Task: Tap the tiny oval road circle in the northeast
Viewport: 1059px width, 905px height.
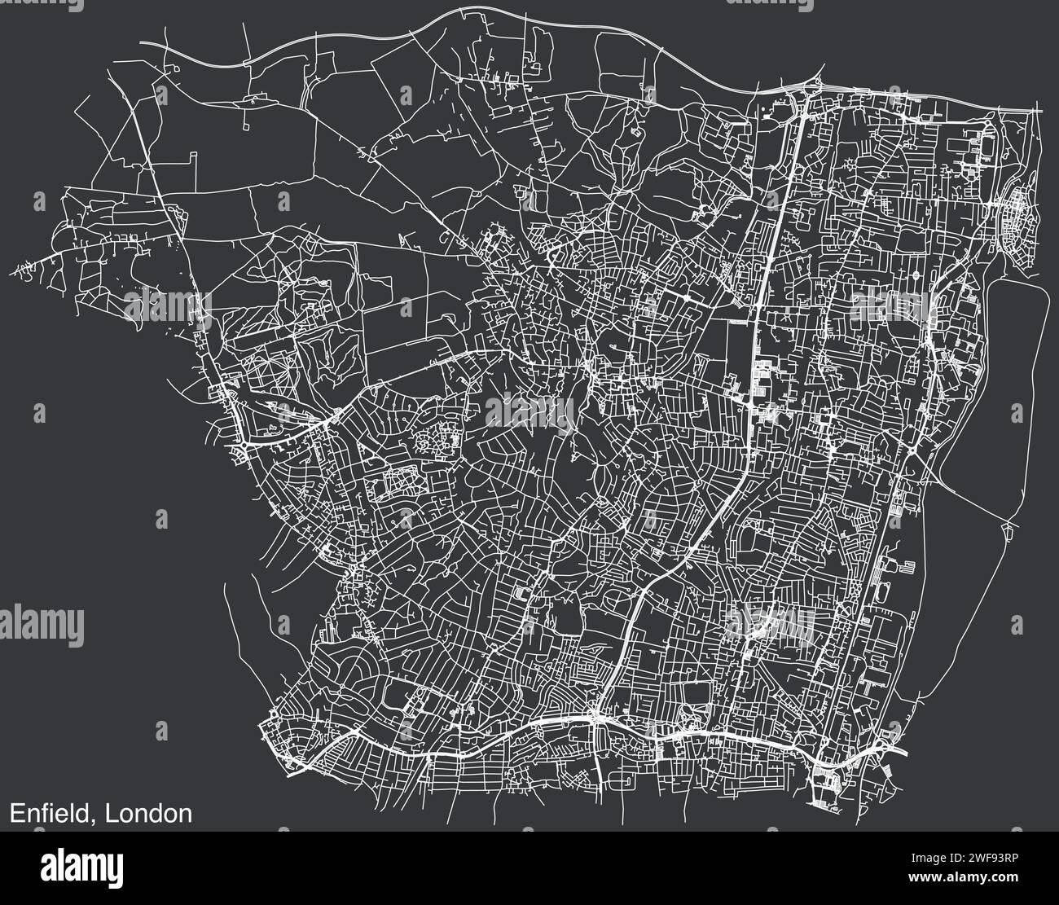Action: click(x=916, y=276)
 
